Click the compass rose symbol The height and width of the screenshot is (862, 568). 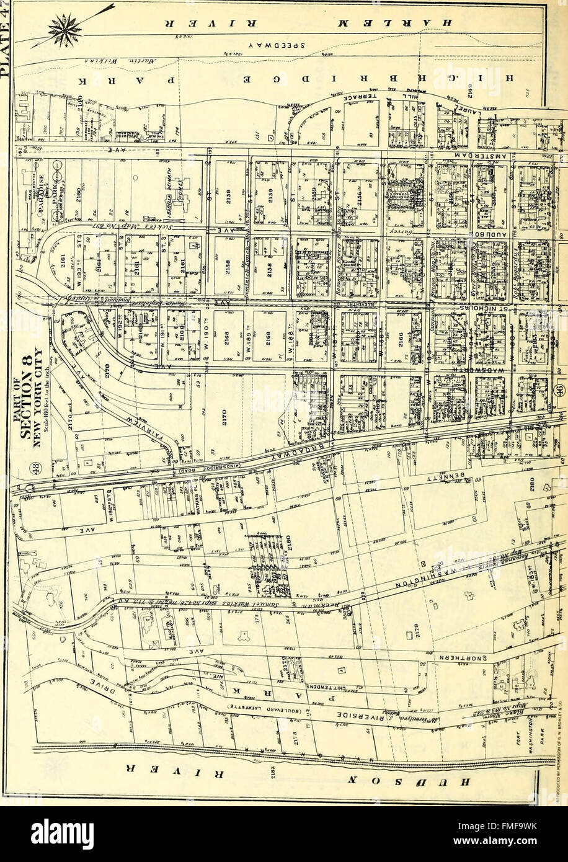tap(69, 29)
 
